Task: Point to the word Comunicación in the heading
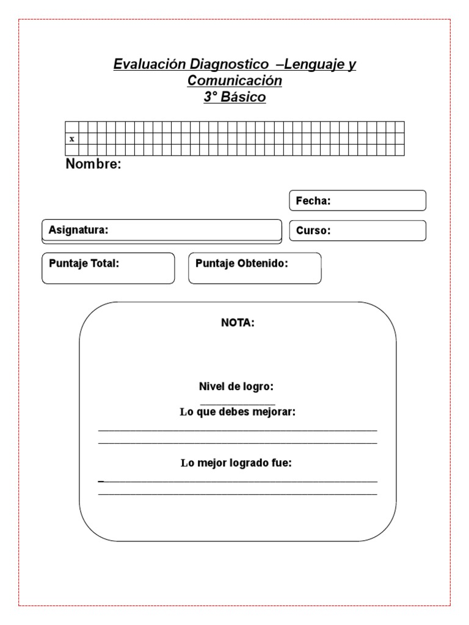pyautogui.click(x=234, y=81)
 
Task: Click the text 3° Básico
pyautogui.click(x=234, y=97)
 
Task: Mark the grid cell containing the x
pyautogui.click(x=72, y=139)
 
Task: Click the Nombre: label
pyautogui.click(x=93, y=164)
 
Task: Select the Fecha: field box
pyautogui.click(x=357, y=201)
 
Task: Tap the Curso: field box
pyautogui.click(x=357, y=231)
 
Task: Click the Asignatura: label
pyautogui.click(x=78, y=230)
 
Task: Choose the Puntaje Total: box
pyautogui.click(x=108, y=269)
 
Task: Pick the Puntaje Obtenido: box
pyautogui.click(x=255, y=269)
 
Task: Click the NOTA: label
pyautogui.click(x=238, y=323)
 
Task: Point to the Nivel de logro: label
pyautogui.click(x=236, y=387)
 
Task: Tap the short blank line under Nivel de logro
pyautogui.click(x=238, y=404)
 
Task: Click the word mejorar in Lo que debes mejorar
pyautogui.click(x=275, y=412)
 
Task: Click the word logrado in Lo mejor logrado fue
pyautogui.click(x=252, y=463)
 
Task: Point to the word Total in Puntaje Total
pyautogui.click(x=105, y=264)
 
